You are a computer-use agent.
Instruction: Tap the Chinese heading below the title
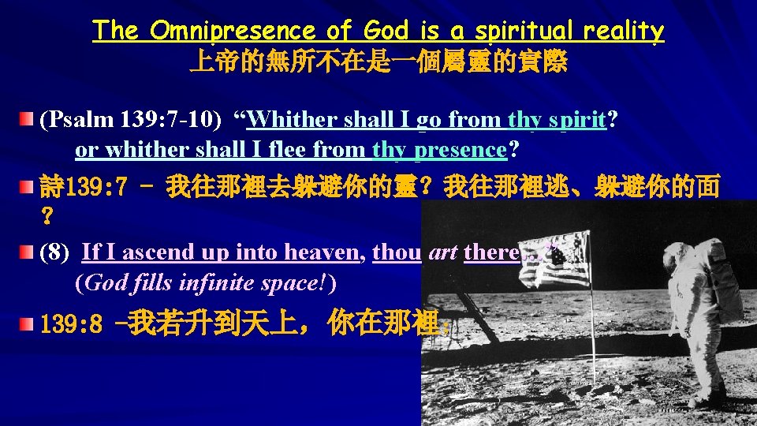378,63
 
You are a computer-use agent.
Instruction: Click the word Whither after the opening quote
291,120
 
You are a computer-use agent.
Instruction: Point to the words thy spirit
558,120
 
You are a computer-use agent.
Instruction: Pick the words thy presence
438,149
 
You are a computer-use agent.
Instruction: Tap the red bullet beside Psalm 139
28,120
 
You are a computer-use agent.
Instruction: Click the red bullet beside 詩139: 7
28,189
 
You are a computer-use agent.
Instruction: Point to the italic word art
442,252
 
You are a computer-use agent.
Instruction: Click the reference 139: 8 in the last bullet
72,325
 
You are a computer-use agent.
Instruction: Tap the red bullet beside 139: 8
28,323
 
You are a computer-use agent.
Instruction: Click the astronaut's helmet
703,241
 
